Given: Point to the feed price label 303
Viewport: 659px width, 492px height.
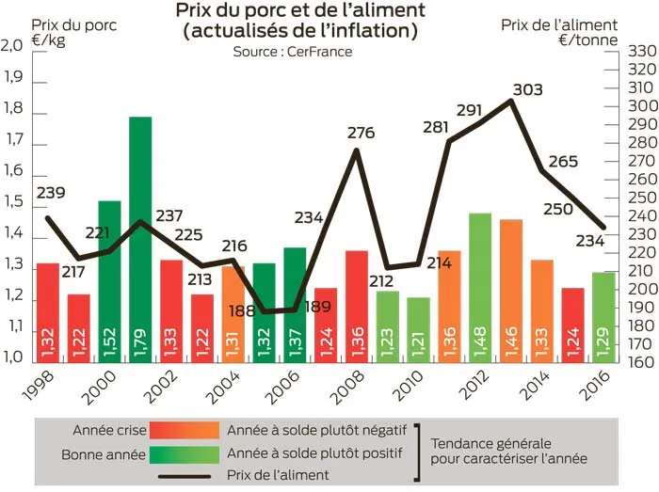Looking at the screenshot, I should point(528,90).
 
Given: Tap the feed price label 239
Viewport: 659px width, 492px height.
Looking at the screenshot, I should point(51,194).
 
